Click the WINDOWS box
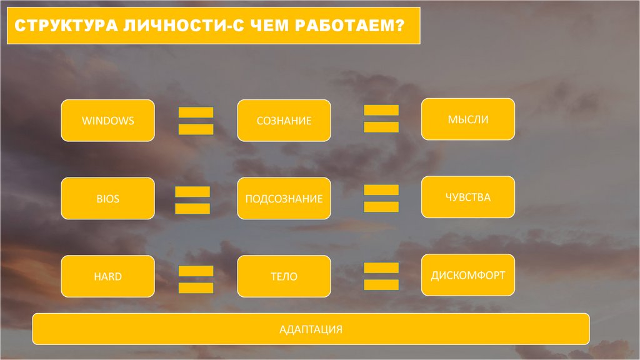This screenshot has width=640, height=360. [107, 120]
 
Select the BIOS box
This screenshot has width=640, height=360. [107, 199]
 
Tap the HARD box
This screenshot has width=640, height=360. [107, 276]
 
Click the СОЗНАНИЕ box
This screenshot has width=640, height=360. [284, 120]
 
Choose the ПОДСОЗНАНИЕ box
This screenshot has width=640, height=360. [284, 199]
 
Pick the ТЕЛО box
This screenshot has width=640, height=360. [284, 276]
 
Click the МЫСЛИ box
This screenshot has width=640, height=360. [468, 119]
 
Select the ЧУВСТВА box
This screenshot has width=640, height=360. [468, 197]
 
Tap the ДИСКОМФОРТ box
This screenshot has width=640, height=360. [468, 275]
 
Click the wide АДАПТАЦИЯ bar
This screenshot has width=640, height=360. [311, 329]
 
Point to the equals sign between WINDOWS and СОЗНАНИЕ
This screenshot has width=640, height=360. [196, 121]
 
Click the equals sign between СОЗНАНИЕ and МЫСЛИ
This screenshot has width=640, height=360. [381, 119]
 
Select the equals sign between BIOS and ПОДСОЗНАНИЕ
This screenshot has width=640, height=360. [192, 200]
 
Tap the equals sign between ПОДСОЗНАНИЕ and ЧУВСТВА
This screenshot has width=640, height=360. [381, 198]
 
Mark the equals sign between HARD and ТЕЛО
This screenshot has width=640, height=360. [196, 279]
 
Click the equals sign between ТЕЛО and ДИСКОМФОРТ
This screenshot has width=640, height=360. [381, 276]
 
